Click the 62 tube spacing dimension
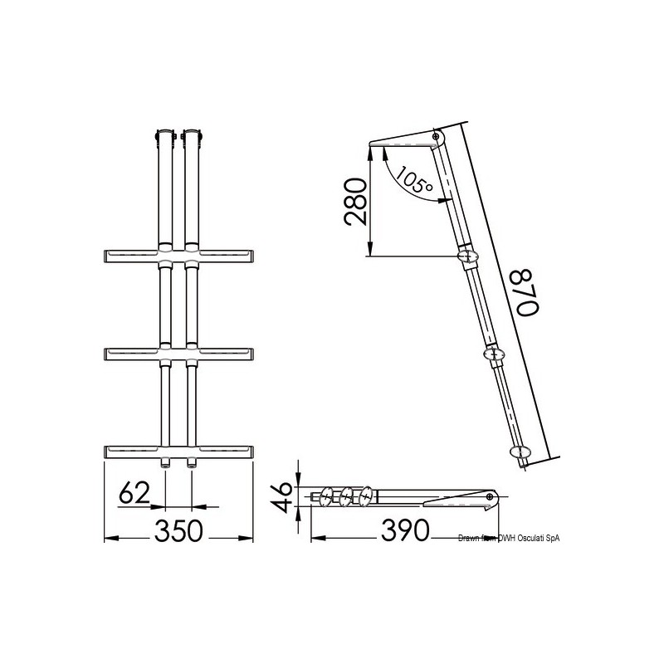[x=134, y=493]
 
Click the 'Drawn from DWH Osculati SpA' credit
[x=510, y=539]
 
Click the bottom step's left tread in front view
[x=129, y=452]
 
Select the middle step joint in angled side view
[x=496, y=354]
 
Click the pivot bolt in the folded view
[x=491, y=497]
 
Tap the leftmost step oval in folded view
[x=325, y=496]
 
